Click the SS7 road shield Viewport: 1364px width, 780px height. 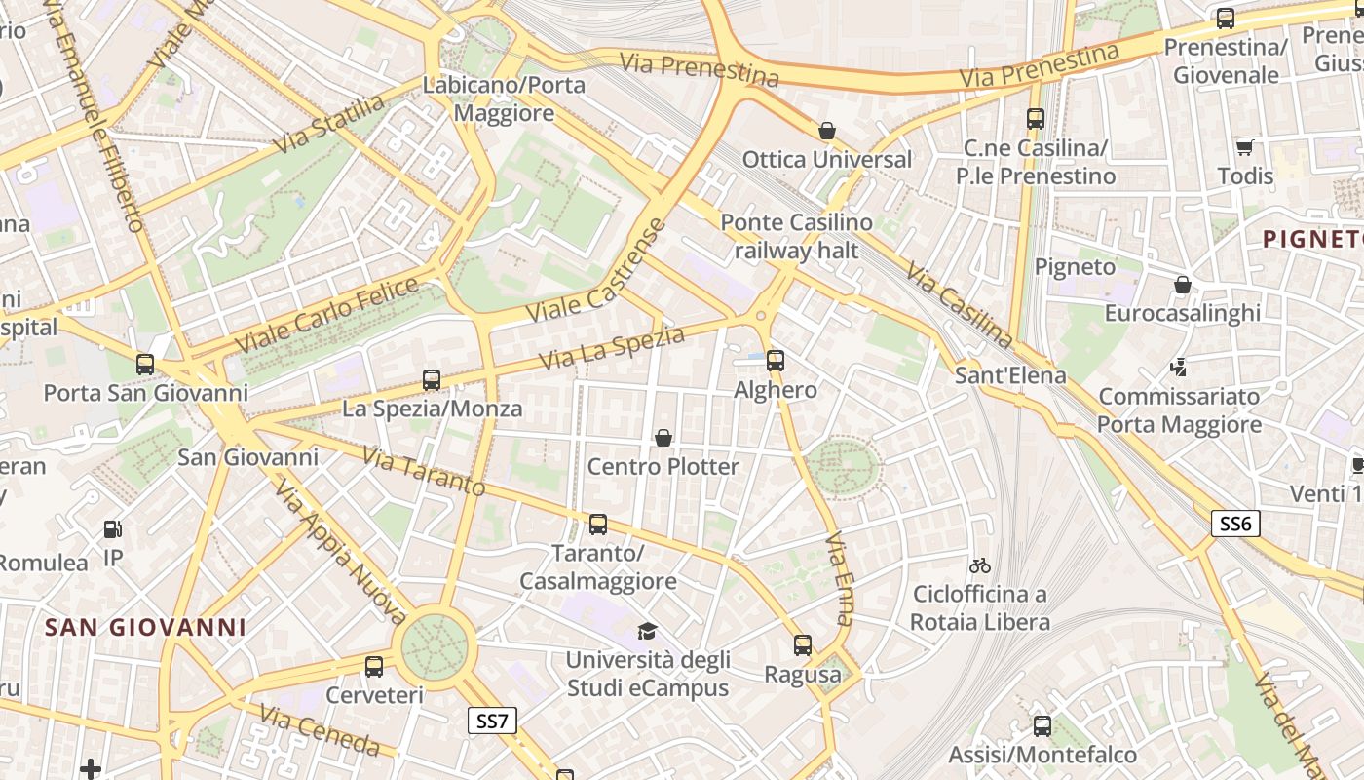pos(492,721)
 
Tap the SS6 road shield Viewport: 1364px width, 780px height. pos(1235,524)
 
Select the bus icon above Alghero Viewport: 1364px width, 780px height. pos(776,361)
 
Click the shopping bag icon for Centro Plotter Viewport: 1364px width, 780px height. pos(663,438)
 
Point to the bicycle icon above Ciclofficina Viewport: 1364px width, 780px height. pos(980,565)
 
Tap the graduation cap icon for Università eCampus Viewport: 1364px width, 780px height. pos(647,631)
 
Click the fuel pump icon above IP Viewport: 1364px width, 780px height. pos(113,529)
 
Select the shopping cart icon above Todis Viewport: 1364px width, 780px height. pos(1244,148)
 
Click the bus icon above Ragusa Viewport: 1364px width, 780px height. pos(802,645)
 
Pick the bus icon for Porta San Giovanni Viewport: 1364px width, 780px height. pos(145,365)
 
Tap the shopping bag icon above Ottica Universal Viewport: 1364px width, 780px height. pos(827,131)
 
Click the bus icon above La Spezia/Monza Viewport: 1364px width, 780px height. pos(432,380)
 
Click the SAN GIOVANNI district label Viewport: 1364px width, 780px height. pos(146,627)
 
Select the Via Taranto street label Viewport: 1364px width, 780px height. pos(423,471)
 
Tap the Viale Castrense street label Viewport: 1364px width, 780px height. pos(597,272)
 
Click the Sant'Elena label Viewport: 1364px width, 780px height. pos(1010,375)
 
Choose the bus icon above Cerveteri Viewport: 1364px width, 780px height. pos(374,667)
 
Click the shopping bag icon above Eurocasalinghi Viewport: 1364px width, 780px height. pos(1182,285)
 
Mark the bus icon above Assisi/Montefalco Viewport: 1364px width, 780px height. pos(1042,726)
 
